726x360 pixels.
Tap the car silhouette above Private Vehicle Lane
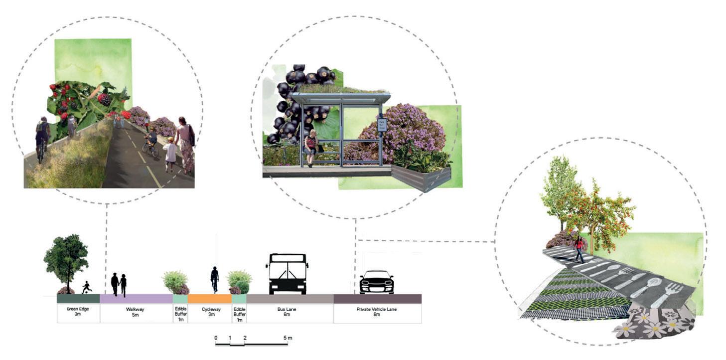pos(377,282)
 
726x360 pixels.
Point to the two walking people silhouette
pos(119,284)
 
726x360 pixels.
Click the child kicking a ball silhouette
pos(87,287)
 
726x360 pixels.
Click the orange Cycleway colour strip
pos(209,299)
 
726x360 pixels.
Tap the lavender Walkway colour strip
pos(136,299)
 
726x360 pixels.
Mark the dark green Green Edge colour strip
pos(78,299)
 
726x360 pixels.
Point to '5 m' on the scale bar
pos(288,338)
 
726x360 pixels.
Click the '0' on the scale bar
pos(216,338)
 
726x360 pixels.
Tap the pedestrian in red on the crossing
pos(579,249)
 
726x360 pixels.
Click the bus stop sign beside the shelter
pos(382,125)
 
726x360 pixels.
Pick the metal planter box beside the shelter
pos(422,178)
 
